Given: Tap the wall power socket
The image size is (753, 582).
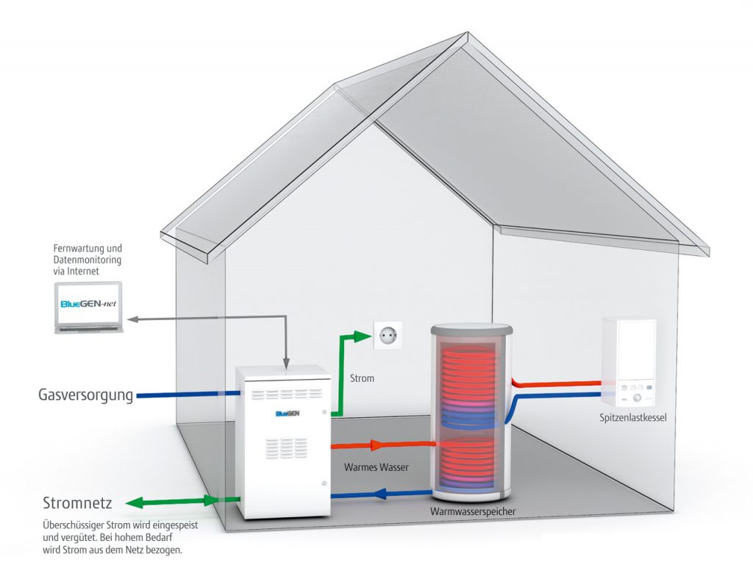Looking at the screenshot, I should click(x=387, y=336).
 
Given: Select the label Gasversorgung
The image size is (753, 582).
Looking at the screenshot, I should click(x=85, y=395).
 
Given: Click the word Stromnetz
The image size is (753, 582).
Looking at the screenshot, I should click(x=77, y=504).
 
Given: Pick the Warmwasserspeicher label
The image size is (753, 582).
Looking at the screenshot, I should click(x=473, y=511).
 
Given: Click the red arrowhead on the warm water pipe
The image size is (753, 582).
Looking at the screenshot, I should click(x=376, y=444).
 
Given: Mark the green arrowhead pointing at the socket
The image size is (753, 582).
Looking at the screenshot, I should click(x=362, y=336).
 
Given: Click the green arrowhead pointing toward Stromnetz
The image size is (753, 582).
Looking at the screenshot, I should click(x=135, y=503).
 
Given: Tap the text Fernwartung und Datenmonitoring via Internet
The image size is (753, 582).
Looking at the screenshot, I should click(x=88, y=260).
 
